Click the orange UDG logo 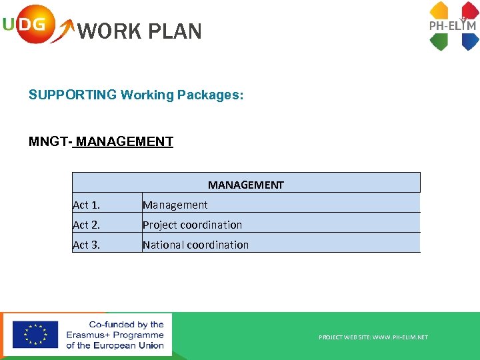(29, 25)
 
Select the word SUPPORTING (72, 95)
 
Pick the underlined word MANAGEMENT (125, 141)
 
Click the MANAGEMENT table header (245, 185)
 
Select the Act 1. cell (86, 205)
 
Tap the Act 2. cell (86, 225)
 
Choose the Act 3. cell (86, 245)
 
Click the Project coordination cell (192, 225)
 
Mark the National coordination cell (195, 245)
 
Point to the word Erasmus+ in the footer (87, 335)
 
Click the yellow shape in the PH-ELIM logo (439, 10)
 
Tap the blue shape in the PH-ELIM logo (469, 42)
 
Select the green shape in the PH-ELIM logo (439, 42)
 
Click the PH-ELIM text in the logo (453, 26)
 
